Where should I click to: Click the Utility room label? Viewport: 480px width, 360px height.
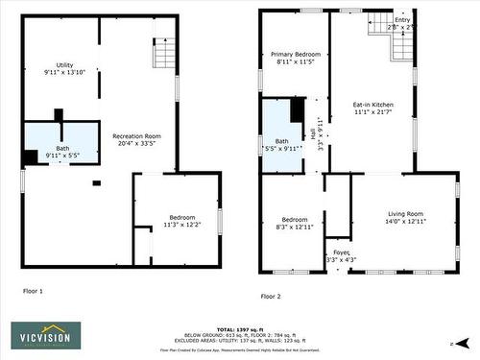click(64, 64)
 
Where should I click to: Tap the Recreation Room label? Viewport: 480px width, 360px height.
click(136, 136)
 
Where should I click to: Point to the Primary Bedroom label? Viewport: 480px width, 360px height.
click(295, 55)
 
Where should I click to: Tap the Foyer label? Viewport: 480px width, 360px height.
click(341, 252)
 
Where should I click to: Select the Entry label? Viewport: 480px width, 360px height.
click(402, 20)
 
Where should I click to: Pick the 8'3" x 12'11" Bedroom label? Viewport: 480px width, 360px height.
click(295, 223)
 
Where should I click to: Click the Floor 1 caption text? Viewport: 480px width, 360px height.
click(33, 290)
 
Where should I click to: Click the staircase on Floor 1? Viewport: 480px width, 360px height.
click(161, 49)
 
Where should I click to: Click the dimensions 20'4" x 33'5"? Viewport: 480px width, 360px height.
click(136, 144)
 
